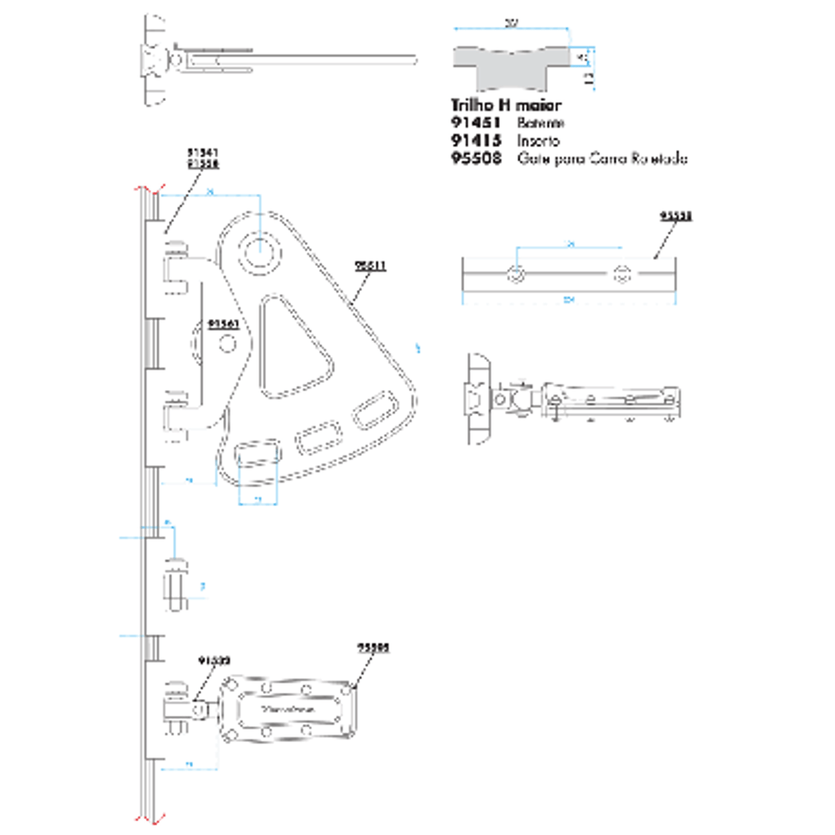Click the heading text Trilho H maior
[506, 105]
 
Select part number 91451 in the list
[476, 123]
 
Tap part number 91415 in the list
[476, 140]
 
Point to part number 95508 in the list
[476, 158]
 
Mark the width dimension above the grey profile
[511, 24]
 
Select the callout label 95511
[370, 265]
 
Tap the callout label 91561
[224, 323]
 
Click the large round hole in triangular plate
[260, 250]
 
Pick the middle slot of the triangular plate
[318, 437]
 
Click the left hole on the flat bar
[517, 274]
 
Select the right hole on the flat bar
[622, 274]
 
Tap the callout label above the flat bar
[675, 216]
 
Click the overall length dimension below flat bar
[569, 300]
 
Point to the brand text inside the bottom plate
[288, 708]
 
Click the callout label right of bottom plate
[373, 647]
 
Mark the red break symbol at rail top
[151, 188]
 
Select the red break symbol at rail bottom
[151, 818]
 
